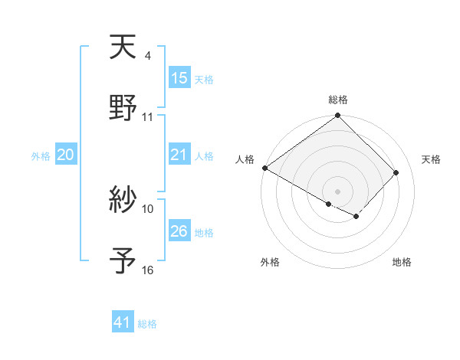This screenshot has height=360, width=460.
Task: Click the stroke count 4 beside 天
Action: (147, 56)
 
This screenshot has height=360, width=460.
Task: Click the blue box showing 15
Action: (179, 78)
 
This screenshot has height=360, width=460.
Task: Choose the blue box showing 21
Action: (179, 155)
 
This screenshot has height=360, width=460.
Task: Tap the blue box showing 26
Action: (179, 231)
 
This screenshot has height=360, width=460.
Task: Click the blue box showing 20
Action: (66, 155)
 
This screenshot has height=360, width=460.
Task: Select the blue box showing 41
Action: (123, 323)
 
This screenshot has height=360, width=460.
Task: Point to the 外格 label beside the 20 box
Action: (41, 156)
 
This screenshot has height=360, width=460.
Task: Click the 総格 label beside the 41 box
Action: (147, 324)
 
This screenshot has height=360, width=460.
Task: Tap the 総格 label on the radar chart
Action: (338, 100)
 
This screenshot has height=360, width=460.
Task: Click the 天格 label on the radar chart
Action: (432, 159)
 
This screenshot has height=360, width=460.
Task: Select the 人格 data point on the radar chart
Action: (264, 168)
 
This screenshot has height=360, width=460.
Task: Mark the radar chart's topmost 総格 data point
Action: (337, 116)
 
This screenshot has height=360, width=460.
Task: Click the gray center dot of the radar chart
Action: (337, 191)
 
